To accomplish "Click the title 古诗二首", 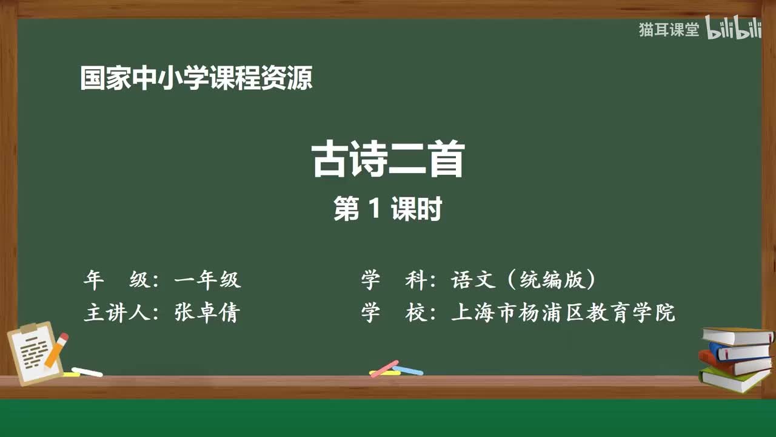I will pos(388,160).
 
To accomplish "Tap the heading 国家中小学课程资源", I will pos(196,79).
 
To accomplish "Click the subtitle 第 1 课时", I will pos(387,209).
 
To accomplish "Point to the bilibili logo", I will pos(734,30).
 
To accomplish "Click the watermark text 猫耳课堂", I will pos(669,30).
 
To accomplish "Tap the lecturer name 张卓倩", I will pos(207,313).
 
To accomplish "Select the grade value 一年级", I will pos(207,280).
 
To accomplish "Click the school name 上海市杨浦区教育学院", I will pos(563,313).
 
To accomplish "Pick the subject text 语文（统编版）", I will pos(524,280).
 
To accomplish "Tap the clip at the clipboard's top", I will pos(28,328).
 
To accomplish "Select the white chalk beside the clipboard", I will pos(87,371).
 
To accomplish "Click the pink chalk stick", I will pos(384,368).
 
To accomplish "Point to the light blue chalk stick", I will pos(407,370).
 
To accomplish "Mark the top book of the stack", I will pos(736,336).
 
